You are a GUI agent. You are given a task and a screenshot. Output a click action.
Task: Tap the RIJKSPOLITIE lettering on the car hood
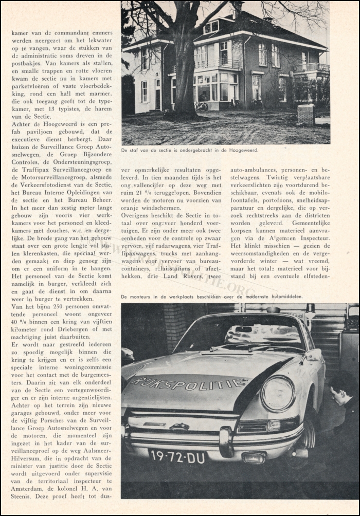[187, 383]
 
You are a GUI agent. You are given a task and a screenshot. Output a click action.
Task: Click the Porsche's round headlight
[278, 393]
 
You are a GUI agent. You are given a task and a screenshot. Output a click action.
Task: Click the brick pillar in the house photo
[305, 114]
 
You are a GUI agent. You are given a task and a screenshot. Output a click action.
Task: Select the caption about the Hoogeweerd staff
[189, 151]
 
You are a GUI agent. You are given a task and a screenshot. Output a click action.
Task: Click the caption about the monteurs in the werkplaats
[212, 297]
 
